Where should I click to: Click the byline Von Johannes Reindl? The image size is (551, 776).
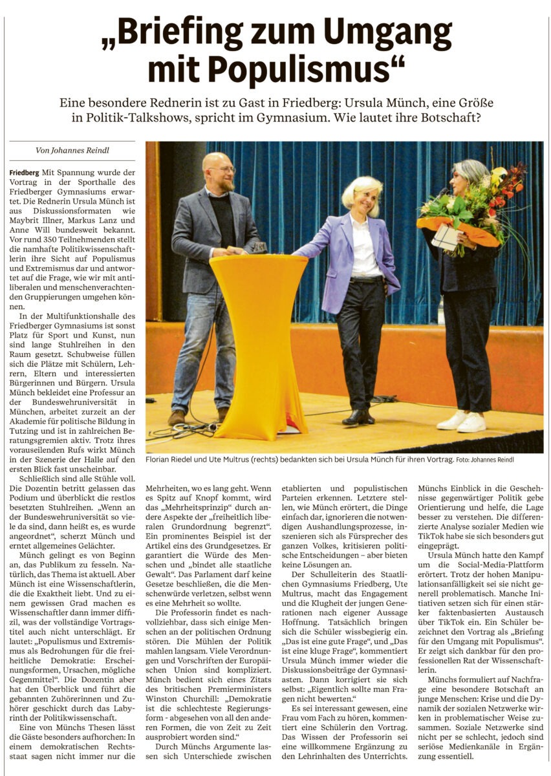[x=72, y=151]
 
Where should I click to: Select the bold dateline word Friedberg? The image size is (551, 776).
[x=25, y=173]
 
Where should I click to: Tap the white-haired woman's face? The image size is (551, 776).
[x=369, y=199]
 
